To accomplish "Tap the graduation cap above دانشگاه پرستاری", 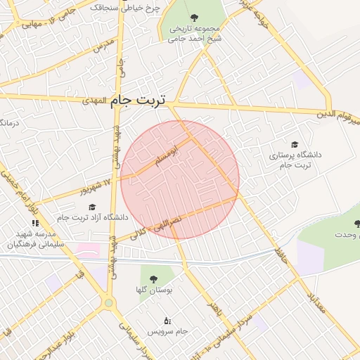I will pos(294,143).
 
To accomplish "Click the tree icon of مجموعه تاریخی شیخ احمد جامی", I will pos(193,17).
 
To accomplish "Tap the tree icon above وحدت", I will pos(358,224).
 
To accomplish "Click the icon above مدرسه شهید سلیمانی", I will pos(36,223).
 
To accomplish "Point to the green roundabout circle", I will pos(109,304).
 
